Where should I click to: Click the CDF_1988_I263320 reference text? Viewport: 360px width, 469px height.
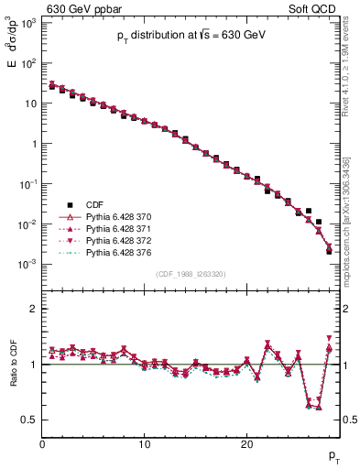click(191, 274)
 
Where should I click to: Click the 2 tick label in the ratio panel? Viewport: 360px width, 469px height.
click(33, 309)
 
